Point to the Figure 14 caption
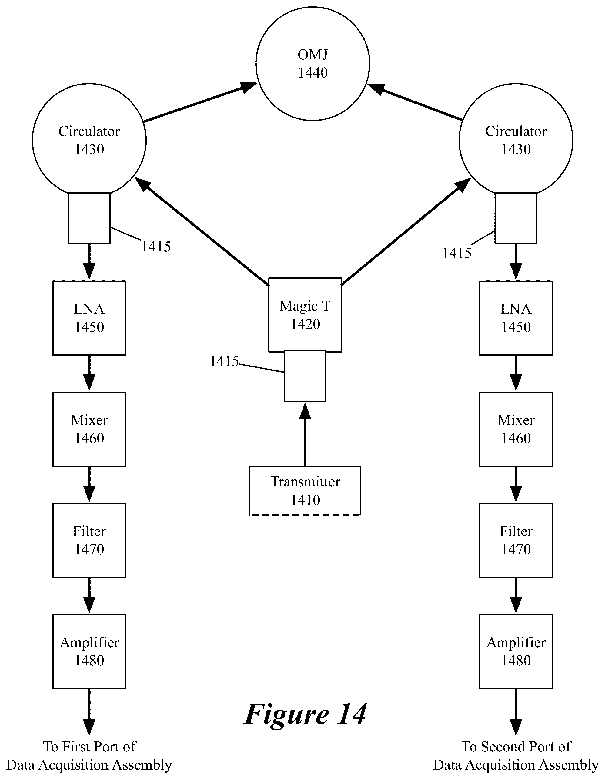[305, 714]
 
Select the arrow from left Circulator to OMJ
[200, 102]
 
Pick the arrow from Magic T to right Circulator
[406, 231]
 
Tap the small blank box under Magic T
[305, 376]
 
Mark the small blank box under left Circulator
[89, 218]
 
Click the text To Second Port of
[516, 747]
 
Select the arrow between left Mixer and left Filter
[89, 485]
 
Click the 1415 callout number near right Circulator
[456, 254]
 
